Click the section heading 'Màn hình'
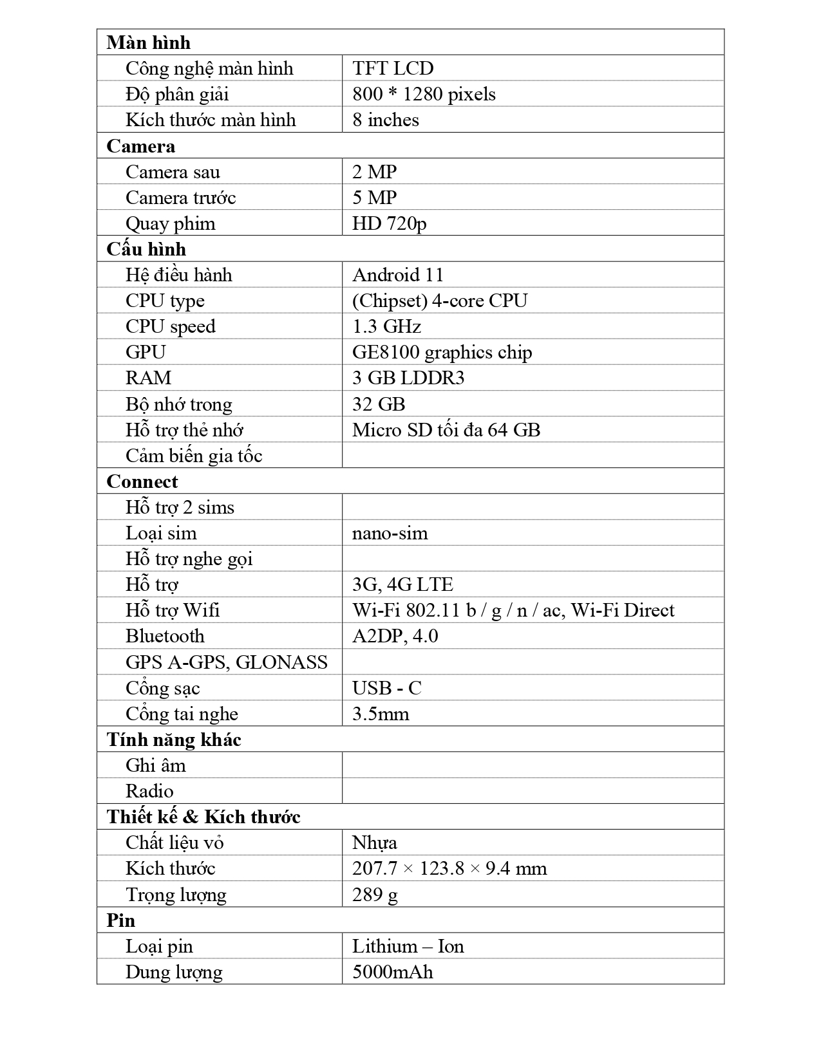click(x=148, y=42)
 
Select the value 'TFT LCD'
click(x=393, y=68)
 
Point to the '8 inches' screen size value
click(x=385, y=120)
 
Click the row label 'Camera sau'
click(x=173, y=172)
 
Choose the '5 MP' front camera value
click(x=374, y=198)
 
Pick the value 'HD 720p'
click(x=389, y=223)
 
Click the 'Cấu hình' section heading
click(x=146, y=249)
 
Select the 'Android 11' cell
click(x=398, y=275)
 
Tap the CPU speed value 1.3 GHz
click(x=386, y=326)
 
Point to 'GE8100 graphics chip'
click(x=442, y=352)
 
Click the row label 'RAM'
click(x=148, y=378)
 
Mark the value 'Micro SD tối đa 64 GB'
click(x=446, y=429)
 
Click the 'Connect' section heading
click(x=142, y=481)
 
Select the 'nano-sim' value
click(x=390, y=533)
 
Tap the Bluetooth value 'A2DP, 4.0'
click(x=395, y=636)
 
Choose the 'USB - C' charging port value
click(x=386, y=688)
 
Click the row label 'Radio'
click(x=149, y=791)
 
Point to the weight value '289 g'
click(x=375, y=895)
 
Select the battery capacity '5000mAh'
click(x=392, y=972)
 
